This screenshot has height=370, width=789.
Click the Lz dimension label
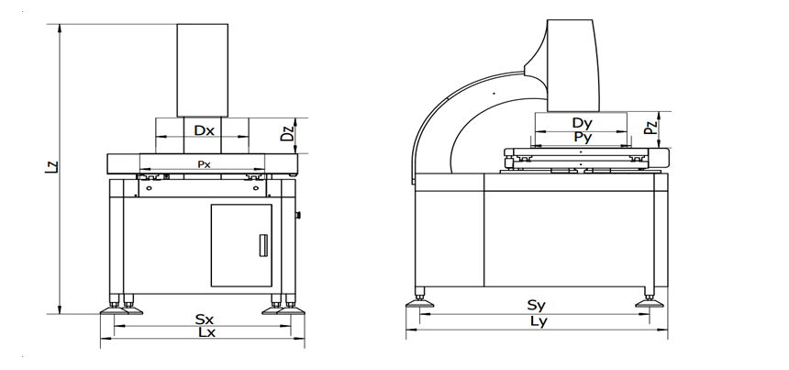51,167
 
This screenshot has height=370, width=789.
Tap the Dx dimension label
205,130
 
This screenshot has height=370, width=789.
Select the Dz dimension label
287,132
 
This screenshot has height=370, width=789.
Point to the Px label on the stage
204,164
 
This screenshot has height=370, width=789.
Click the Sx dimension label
205,320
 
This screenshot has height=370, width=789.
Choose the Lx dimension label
206,332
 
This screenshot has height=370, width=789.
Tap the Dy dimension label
583,123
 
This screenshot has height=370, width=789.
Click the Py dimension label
583,137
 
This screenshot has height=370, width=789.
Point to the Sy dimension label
537,305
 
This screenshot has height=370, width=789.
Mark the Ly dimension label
539,321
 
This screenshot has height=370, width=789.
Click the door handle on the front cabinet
263,245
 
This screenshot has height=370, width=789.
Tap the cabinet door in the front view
241,245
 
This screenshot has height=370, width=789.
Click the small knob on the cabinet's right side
298,216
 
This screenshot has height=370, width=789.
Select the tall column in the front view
202,71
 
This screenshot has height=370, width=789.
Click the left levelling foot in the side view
420,299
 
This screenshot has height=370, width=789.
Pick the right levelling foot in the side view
650,299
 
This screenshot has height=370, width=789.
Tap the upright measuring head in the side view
572,65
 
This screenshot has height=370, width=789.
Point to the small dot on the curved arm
494,93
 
